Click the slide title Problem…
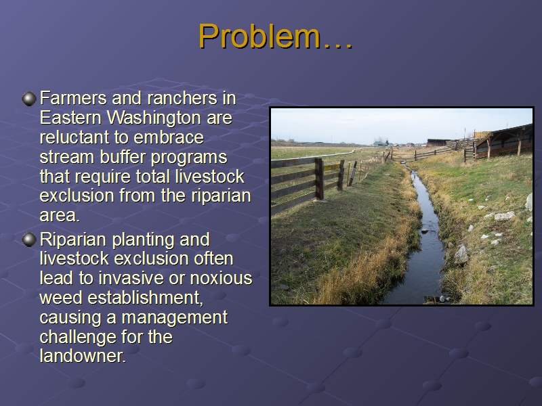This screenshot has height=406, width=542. [275, 37]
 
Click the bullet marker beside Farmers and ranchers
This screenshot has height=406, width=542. [29, 99]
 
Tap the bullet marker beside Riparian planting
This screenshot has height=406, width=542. [29, 240]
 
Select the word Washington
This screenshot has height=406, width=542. [154, 118]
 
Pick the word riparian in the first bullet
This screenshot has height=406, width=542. [221, 196]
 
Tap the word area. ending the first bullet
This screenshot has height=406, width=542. [60, 216]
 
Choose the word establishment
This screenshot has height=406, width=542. [145, 298]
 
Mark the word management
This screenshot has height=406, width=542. [175, 318]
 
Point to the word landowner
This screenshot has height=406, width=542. [82, 356]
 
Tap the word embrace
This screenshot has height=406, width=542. [168, 137]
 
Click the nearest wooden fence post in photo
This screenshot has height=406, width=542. [319, 179]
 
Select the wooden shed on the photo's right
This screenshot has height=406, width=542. [503, 142]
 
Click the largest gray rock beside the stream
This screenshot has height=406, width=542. [461, 254]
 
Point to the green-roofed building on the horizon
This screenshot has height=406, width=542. [380, 143]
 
